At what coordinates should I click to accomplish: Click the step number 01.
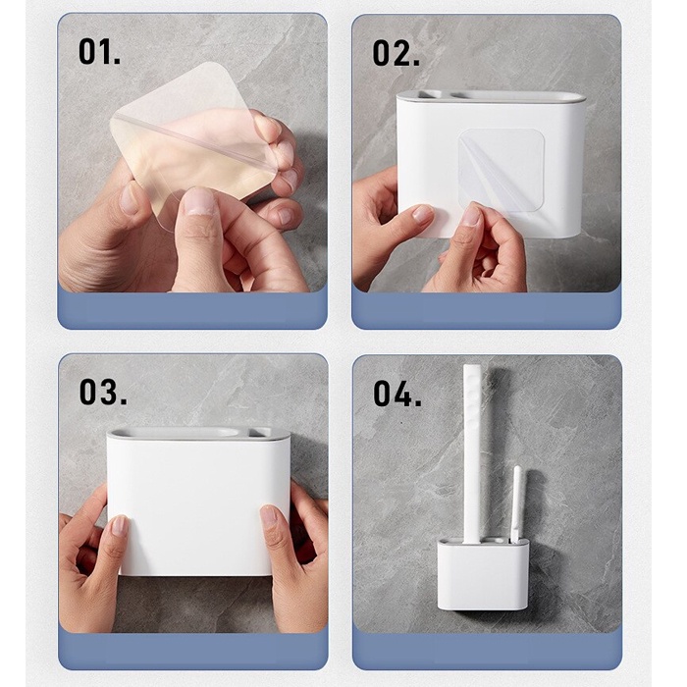coord(99,52)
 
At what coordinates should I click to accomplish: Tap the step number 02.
coord(396,53)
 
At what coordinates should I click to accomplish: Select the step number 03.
coord(103,392)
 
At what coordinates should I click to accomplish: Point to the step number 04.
coord(397,394)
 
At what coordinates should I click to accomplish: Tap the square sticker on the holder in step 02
coord(502,170)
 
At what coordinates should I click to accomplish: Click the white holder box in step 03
coord(198,502)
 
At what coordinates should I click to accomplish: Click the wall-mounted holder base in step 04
coord(483,574)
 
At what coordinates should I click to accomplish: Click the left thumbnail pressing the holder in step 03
coord(119,526)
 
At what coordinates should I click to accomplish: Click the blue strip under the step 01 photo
coord(192,309)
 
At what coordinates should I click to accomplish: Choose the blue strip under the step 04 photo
coord(487,651)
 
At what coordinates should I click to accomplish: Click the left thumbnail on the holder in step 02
coord(422,214)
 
